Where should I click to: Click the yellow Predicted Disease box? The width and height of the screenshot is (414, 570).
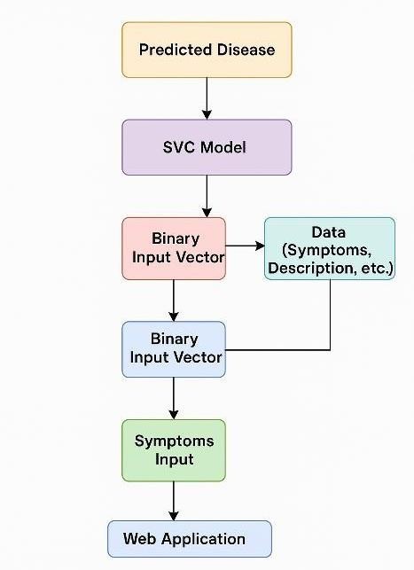(x=207, y=50)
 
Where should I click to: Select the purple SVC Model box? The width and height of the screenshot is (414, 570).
(x=207, y=147)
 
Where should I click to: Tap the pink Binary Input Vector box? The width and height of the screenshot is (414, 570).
(x=174, y=248)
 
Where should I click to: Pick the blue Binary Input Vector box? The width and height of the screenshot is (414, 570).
(x=174, y=349)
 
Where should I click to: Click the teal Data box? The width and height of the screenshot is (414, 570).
(x=330, y=248)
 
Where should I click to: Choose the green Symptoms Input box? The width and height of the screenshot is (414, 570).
(x=174, y=450)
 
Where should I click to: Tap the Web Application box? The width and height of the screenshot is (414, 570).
(x=190, y=539)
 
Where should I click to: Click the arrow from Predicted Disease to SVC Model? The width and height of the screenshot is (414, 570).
(x=207, y=98)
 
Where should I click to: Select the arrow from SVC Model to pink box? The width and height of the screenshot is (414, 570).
(x=207, y=196)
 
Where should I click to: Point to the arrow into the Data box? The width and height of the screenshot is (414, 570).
(x=245, y=246)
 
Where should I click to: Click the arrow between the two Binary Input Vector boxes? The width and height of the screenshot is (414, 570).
(x=174, y=301)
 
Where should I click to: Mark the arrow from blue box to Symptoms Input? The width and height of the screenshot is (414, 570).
(x=174, y=398)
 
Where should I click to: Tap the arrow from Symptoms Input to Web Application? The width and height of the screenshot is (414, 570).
(x=174, y=501)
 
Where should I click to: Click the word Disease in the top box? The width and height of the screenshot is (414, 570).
(x=246, y=50)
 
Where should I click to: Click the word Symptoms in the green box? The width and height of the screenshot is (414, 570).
(x=174, y=441)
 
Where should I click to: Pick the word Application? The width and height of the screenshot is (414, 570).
(x=204, y=540)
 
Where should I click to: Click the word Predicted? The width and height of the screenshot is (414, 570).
(x=176, y=50)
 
